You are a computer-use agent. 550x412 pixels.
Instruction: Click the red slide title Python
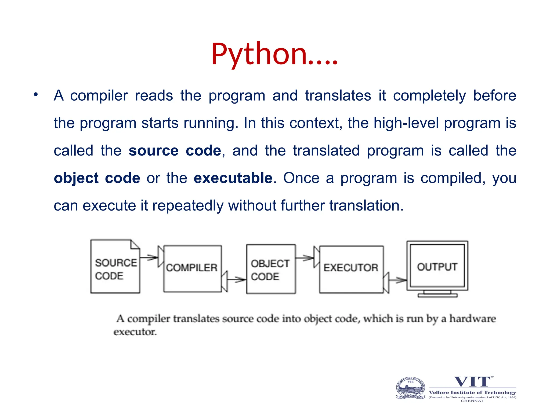(274, 54)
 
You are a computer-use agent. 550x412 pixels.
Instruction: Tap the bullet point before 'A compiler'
(35, 95)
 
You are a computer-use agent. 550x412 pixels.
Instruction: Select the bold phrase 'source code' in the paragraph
(175, 151)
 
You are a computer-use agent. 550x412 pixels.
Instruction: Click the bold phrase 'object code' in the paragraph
(97, 178)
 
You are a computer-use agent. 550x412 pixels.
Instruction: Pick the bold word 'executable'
(233, 178)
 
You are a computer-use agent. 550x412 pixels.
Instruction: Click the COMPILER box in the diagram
(192, 268)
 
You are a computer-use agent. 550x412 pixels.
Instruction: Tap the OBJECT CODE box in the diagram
(271, 269)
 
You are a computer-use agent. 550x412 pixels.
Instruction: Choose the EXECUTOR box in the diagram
(351, 269)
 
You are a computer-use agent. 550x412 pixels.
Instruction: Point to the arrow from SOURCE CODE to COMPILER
(149, 257)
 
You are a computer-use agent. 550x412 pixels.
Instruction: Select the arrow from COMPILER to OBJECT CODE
(236, 280)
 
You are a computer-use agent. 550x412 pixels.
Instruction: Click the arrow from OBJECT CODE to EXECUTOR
(305, 258)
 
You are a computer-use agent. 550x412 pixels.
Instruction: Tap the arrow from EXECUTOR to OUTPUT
(398, 280)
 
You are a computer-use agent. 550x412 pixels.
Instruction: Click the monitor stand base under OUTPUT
(437, 295)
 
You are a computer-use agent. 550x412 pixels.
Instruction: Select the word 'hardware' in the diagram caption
(472, 319)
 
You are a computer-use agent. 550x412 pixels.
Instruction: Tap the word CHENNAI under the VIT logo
(472, 401)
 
